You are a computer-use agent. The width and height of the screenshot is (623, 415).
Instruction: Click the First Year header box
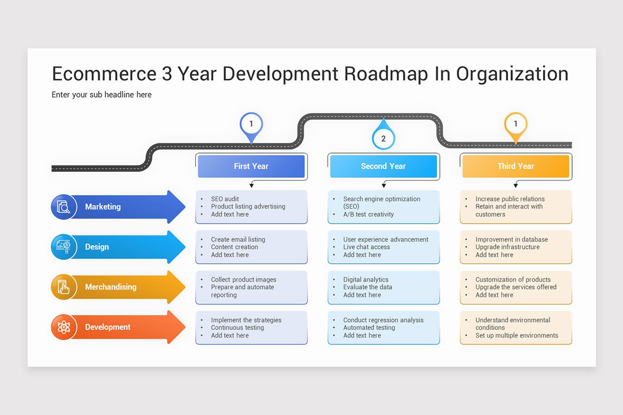tap(251, 167)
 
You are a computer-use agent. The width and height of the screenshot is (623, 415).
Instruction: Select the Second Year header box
tap(383, 167)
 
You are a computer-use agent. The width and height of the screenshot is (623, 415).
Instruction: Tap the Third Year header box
tap(516, 167)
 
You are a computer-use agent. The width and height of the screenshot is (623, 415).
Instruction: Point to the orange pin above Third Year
tap(516, 125)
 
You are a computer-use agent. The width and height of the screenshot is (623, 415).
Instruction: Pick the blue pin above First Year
tap(251, 125)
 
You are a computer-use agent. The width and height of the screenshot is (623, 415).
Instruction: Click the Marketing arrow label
tap(103, 206)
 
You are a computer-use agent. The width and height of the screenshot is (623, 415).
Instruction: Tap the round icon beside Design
tap(64, 247)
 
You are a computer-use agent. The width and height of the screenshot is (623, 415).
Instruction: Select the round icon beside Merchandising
tap(64, 287)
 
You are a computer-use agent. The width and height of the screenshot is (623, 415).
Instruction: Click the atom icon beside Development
tap(64, 327)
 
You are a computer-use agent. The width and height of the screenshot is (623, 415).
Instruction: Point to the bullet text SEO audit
tap(225, 199)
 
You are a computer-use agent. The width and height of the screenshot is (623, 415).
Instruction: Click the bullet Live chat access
tap(366, 247)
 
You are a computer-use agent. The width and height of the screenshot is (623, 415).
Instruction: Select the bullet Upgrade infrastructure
tap(507, 247)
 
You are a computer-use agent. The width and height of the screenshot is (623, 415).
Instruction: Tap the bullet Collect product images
tap(243, 280)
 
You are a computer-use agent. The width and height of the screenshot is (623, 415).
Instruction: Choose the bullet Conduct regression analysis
tap(383, 320)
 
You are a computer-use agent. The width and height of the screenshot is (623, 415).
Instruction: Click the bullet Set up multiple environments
tap(517, 335)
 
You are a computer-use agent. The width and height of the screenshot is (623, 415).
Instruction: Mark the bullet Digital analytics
tap(365, 280)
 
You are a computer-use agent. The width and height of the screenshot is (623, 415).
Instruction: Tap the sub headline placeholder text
tap(102, 94)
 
